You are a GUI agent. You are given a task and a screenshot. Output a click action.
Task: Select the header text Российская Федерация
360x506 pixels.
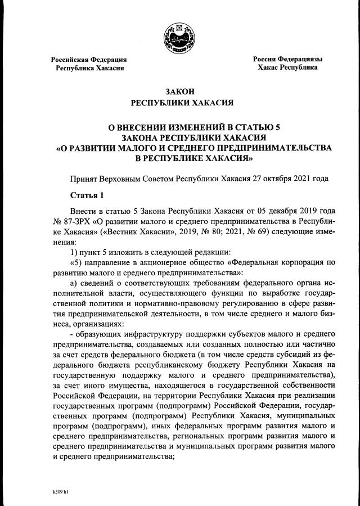pyautogui.click(x=89, y=59)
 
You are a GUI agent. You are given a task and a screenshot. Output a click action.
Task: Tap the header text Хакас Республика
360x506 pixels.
pyautogui.click(x=287, y=67)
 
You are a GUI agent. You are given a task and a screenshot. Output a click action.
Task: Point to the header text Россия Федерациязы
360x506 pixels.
pyautogui.click(x=287, y=59)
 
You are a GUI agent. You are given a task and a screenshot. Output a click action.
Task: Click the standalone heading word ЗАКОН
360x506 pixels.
pyautogui.click(x=179, y=92)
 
